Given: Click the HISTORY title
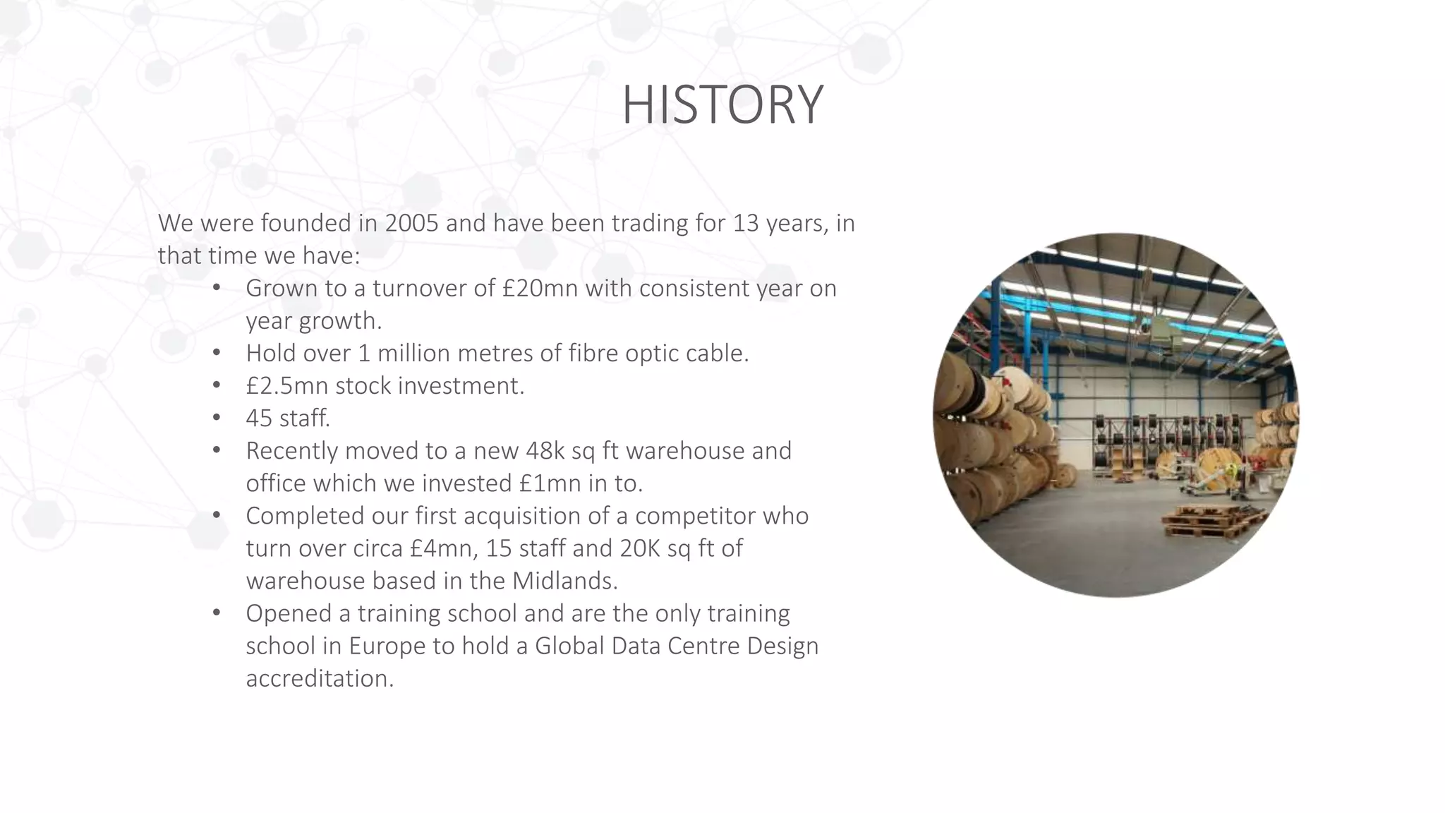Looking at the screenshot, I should tap(722, 104).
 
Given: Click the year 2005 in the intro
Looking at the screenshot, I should tap(412, 223).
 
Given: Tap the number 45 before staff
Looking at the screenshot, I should tap(258, 418).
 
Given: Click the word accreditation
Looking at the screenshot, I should tap(319, 678).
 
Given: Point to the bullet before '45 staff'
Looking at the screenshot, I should tap(217, 417).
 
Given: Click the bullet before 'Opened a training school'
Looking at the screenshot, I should tap(217, 612).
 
